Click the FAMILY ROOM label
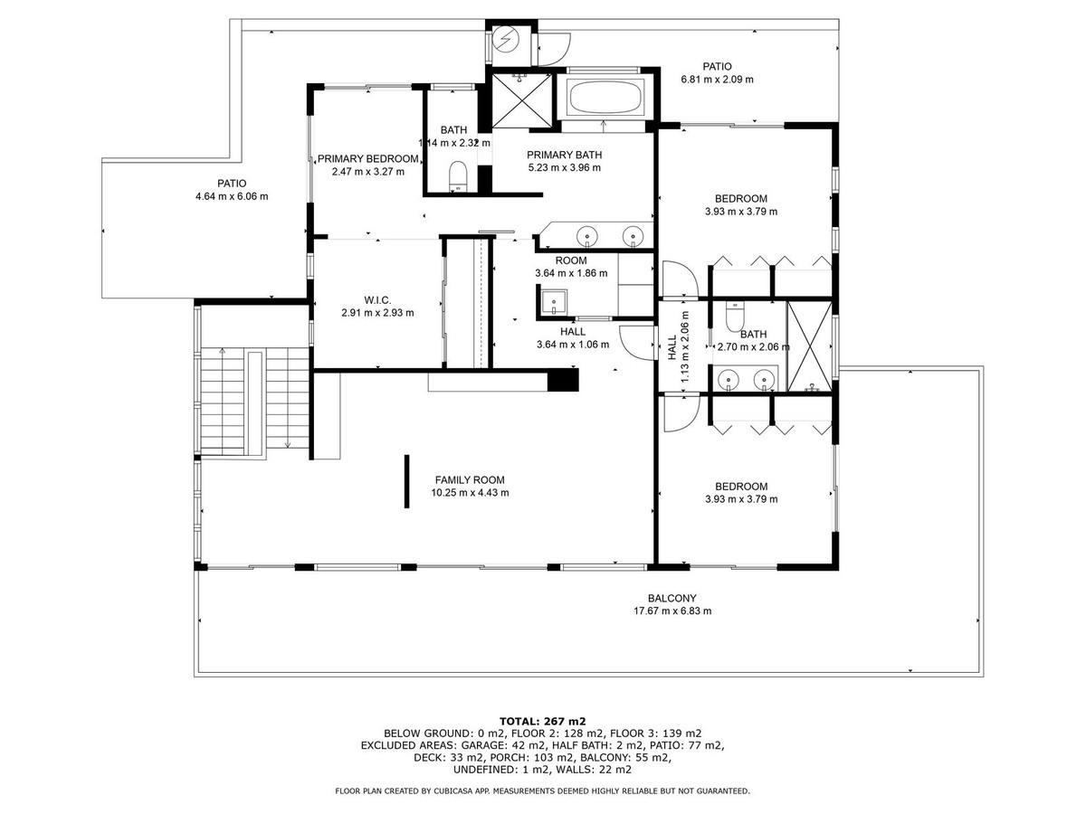pyautogui.click(x=469, y=480)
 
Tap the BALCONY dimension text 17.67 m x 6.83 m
pyautogui.click(x=672, y=610)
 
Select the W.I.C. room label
pyautogui.click(x=376, y=300)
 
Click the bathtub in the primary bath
pyautogui.click(x=605, y=96)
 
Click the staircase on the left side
pyautogui.click(x=232, y=402)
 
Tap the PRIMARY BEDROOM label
pyautogui.click(x=367, y=158)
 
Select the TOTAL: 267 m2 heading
pyautogui.click(x=542, y=721)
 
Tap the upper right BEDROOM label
pyautogui.click(x=740, y=199)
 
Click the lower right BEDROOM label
pyautogui.click(x=740, y=486)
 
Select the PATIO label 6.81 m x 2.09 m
pyautogui.click(x=717, y=79)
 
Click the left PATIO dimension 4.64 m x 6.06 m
pyautogui.click(x=232, y=196)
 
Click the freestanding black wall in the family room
pyautogui.click(x=405, y=481)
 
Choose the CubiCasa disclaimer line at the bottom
pyautogui.click(x=542, y=790)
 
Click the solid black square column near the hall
pyautogui.click(x=564, y=380)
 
